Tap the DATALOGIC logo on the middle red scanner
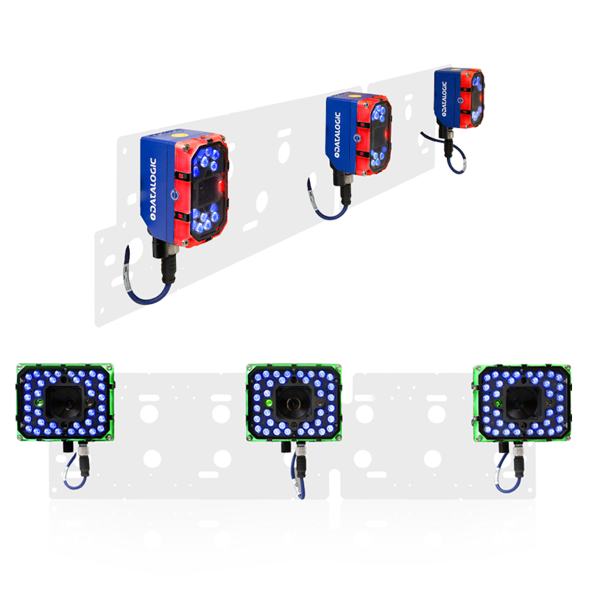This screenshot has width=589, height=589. click(x=337, y=135)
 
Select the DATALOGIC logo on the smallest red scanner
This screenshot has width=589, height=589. click(x=444, y=99)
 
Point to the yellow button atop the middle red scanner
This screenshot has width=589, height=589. click(x=353, y=96)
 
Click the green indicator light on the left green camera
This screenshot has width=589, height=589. click(x=38, y=403)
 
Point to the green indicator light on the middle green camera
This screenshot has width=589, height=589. click(x=268, y=403)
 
